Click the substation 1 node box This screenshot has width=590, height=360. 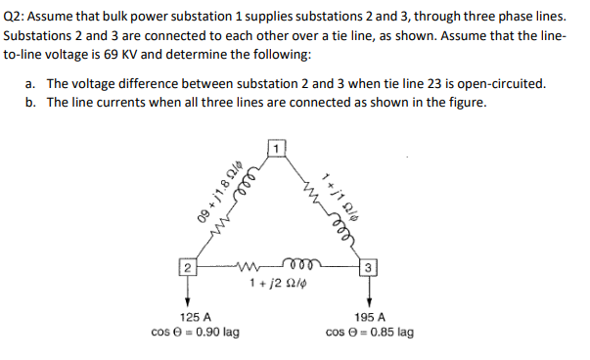pyautogui.click(x=277, y=149)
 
